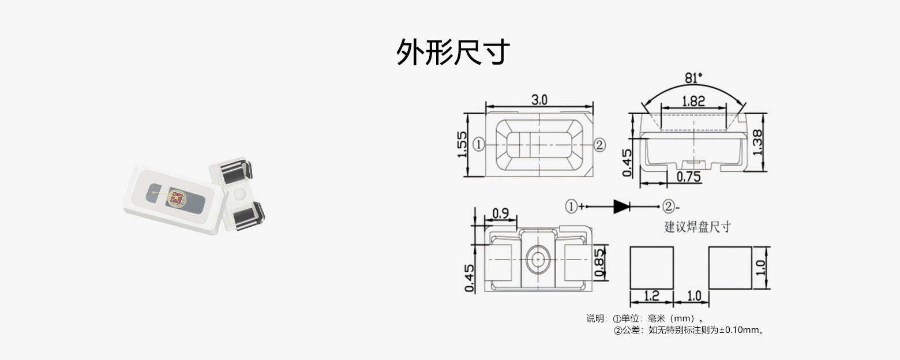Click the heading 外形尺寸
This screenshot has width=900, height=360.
(x=453, y=52)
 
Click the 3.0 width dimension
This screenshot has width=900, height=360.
(x=539, y=99)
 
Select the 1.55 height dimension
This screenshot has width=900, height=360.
(x=462, y=145)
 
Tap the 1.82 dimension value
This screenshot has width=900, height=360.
(x=693, y=100)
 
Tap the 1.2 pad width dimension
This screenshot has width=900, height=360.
(x=651, y=296)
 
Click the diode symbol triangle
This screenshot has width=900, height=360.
(x=621, y=207)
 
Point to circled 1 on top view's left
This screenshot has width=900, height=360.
(x=478, y=144)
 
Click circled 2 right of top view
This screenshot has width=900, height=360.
(x=599, y=144)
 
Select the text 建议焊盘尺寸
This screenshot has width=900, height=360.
(x=697, y=226)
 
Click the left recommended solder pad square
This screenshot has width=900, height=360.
(x=651, y=268)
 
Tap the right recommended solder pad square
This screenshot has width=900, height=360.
(x=730, y=268)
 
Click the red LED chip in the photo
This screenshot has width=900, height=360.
(x=177, y=198)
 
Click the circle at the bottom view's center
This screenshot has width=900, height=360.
(x=538, y=260)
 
